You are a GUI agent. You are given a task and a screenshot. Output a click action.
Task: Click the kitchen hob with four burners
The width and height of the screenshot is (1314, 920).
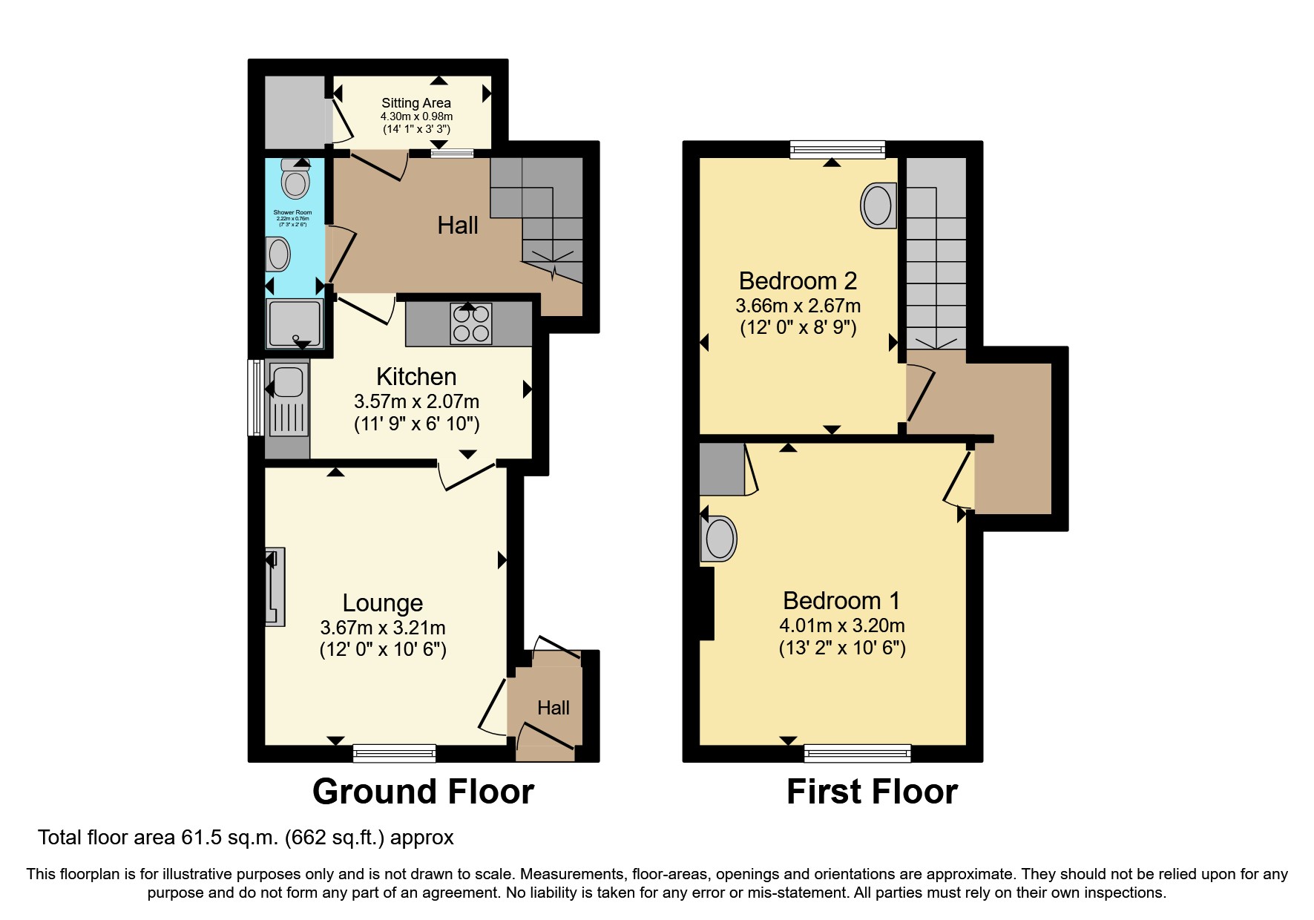471,324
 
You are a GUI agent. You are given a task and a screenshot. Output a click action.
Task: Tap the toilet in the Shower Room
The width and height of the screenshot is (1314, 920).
295,181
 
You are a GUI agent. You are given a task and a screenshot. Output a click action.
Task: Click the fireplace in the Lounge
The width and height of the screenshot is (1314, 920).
275,587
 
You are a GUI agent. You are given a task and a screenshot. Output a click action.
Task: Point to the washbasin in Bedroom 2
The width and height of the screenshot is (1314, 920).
878,205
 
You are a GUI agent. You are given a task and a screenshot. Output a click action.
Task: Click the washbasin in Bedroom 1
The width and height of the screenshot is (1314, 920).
718,538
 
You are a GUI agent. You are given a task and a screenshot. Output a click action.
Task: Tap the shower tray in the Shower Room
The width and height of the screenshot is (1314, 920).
295,323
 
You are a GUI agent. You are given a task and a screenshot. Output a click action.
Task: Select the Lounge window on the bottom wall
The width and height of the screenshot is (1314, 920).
394,753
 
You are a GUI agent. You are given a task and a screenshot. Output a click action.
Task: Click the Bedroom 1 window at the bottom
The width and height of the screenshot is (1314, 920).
857,753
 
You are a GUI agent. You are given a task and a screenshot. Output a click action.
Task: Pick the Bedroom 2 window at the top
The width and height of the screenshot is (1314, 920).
838,150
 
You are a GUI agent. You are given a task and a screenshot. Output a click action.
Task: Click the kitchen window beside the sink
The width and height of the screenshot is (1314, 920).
255,398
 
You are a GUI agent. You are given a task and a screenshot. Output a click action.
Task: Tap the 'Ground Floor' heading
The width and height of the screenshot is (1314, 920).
423,792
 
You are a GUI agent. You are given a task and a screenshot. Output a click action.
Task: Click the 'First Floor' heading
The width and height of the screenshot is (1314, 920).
872,792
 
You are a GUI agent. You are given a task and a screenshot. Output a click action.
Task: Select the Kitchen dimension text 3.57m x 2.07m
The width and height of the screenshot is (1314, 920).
416,401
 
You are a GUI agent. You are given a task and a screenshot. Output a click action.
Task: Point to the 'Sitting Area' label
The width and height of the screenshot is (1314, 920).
416,103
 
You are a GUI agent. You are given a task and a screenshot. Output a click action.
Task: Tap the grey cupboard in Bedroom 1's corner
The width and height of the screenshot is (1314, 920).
722,469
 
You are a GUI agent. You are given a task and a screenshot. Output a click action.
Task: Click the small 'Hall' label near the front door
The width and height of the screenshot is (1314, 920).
553,708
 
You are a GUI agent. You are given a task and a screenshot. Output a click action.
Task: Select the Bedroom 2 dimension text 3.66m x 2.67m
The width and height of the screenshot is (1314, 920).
798,306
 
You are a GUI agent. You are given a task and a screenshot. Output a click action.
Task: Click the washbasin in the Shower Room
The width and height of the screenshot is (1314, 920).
278,254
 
